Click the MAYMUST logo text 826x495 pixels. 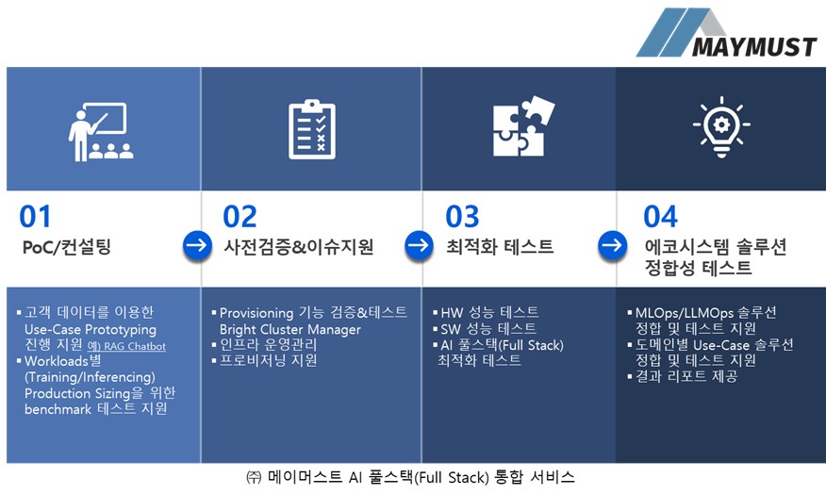[x=753, y=45]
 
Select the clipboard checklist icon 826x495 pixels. [x=310, y=129]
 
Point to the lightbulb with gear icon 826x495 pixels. [x=720, y=128]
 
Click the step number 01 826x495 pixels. [x=36, y=217]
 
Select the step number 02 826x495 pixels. [x=240, y=217]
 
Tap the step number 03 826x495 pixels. [x=462, y=217]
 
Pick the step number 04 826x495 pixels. [x=660, y=217]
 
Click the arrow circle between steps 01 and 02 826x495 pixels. [x=197, y=246]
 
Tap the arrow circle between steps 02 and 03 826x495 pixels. [x=418, y=246]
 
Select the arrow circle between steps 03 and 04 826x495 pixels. [x=612, y=246]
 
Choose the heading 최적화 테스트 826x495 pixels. [x=500, y=247]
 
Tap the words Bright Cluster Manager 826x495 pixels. [x=290, y=329]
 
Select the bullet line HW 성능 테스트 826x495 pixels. [x=489, y=312]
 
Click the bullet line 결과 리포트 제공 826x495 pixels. [x=686, y=376]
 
